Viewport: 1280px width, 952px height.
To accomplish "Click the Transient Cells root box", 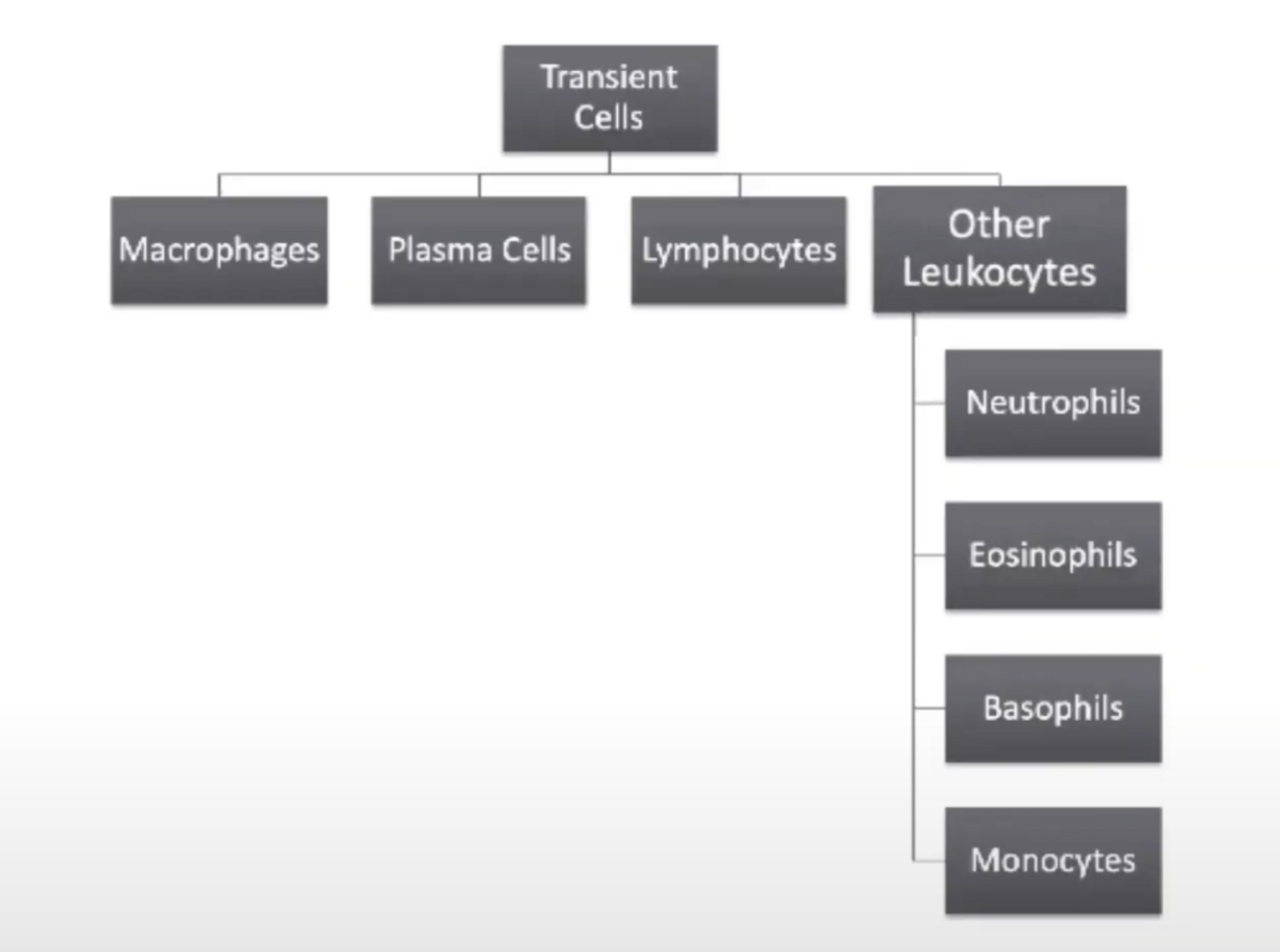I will coord(609,98).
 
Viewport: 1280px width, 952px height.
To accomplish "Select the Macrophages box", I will coord(219,250).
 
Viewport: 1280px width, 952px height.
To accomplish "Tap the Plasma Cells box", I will coord(479,250).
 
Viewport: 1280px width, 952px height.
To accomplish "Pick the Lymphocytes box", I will coord(739,250).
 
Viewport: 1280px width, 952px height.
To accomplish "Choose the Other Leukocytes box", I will coord(999,249).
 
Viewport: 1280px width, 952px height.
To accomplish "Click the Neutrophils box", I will coord(1053,403).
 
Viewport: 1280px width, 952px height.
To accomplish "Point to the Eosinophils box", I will coord(1053,556).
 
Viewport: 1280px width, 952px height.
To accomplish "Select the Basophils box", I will coord(1053,708).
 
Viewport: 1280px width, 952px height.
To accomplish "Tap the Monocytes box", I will coord(1053,861).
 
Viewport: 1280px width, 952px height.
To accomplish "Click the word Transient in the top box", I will coord(609,77).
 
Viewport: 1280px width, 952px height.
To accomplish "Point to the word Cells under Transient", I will coord(608,118).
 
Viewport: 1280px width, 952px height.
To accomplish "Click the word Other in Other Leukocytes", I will coord(999,225).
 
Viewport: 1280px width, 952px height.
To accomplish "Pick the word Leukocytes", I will coord(999,274).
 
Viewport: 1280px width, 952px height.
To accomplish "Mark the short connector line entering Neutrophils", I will coord(929,403).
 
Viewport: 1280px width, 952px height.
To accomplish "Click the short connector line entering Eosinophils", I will coord(929,555).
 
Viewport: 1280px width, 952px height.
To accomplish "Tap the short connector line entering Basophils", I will coord(929,707).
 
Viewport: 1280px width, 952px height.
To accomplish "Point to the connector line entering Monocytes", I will coord(929,860).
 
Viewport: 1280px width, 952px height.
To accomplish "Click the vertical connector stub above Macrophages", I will coord(219,185).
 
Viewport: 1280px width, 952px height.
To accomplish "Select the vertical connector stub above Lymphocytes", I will coord(739,185).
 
